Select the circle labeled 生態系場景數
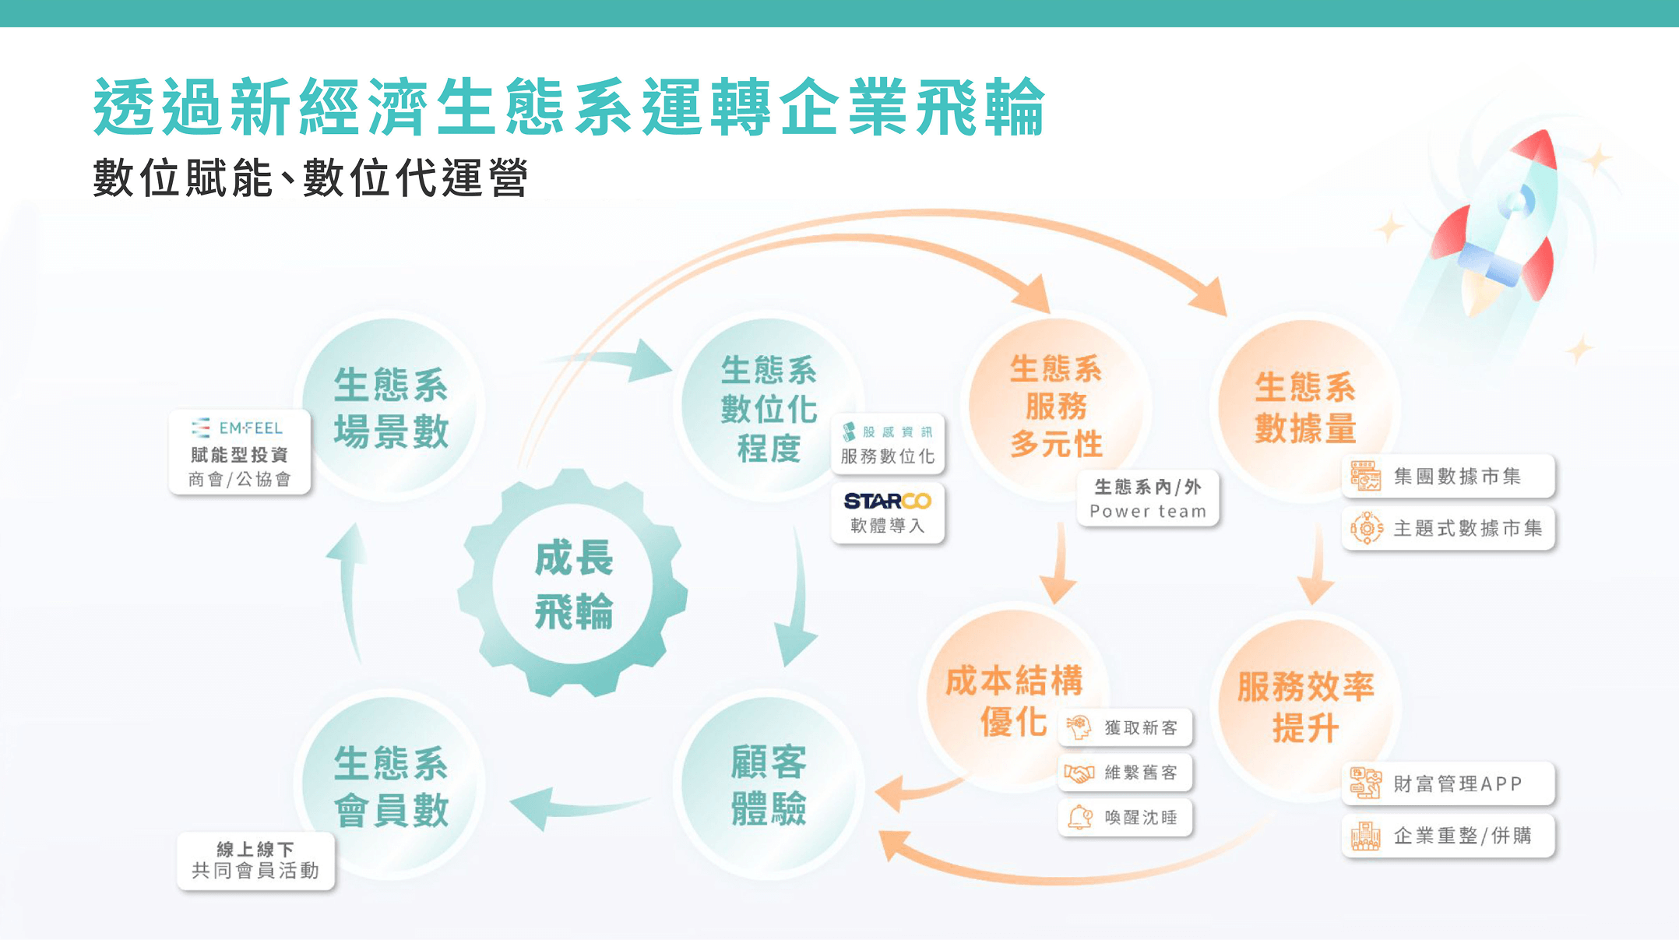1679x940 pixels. tap(391, 406)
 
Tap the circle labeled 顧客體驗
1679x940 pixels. tap(769, 783)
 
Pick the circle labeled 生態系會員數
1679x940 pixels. tap(391, 783)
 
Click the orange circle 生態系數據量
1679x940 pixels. tap(1306, 406)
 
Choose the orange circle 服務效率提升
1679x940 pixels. tap(1306, 706)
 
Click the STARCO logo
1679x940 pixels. tap(888, 501)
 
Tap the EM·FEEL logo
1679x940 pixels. tap(238, 428)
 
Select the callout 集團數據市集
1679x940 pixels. tap(1448, 476)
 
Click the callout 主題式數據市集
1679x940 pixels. tap(1448, 528)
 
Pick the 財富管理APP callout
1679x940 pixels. tap(1448, 783)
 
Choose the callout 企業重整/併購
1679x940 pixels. tap(1448, 836)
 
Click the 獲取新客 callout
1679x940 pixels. tap(1125, 727)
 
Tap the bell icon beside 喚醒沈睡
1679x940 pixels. tap(1079, 817)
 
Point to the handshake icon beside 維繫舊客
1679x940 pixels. tap(1079, 773)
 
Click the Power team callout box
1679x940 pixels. tap(1148, 499)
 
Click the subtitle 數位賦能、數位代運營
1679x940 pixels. tap(311, 178)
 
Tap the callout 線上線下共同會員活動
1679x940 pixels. tap(255, 861)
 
